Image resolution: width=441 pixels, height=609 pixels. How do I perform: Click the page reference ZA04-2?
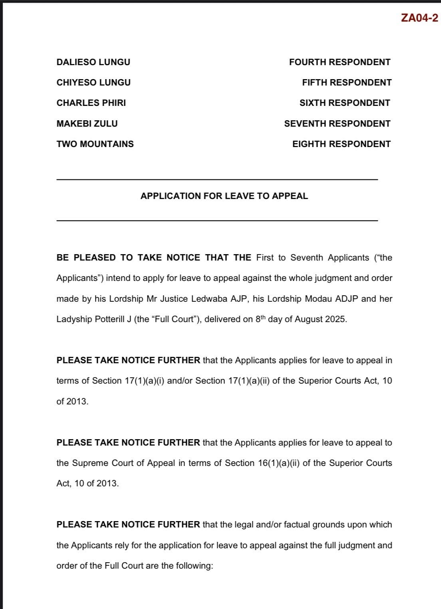click(x=419, y=18)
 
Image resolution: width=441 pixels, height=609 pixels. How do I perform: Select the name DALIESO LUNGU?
click(x=93, y=62)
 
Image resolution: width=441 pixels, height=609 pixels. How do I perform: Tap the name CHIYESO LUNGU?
click(x=93, y=83)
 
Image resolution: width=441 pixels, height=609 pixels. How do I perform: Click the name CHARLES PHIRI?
click(x=91, y=103)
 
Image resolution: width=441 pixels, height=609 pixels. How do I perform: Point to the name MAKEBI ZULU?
click(x=87, y=124)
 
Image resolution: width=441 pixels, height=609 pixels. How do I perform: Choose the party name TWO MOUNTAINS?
click(x=95, y=144)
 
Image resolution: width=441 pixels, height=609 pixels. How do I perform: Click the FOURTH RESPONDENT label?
click(x=340, y=62)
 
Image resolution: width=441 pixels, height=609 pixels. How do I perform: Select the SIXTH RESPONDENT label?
click(x=345, y=103)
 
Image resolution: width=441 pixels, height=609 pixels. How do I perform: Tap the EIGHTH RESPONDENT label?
click(x=341, y=144)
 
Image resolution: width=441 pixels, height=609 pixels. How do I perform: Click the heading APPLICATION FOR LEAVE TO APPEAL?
click(x=224, y=196)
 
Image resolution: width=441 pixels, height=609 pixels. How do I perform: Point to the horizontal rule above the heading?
click(x=217, y=180)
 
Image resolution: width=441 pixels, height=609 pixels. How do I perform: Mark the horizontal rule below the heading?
click(x=217, y=221)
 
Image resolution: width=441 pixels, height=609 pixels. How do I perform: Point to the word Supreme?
click(x=90, y=463)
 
